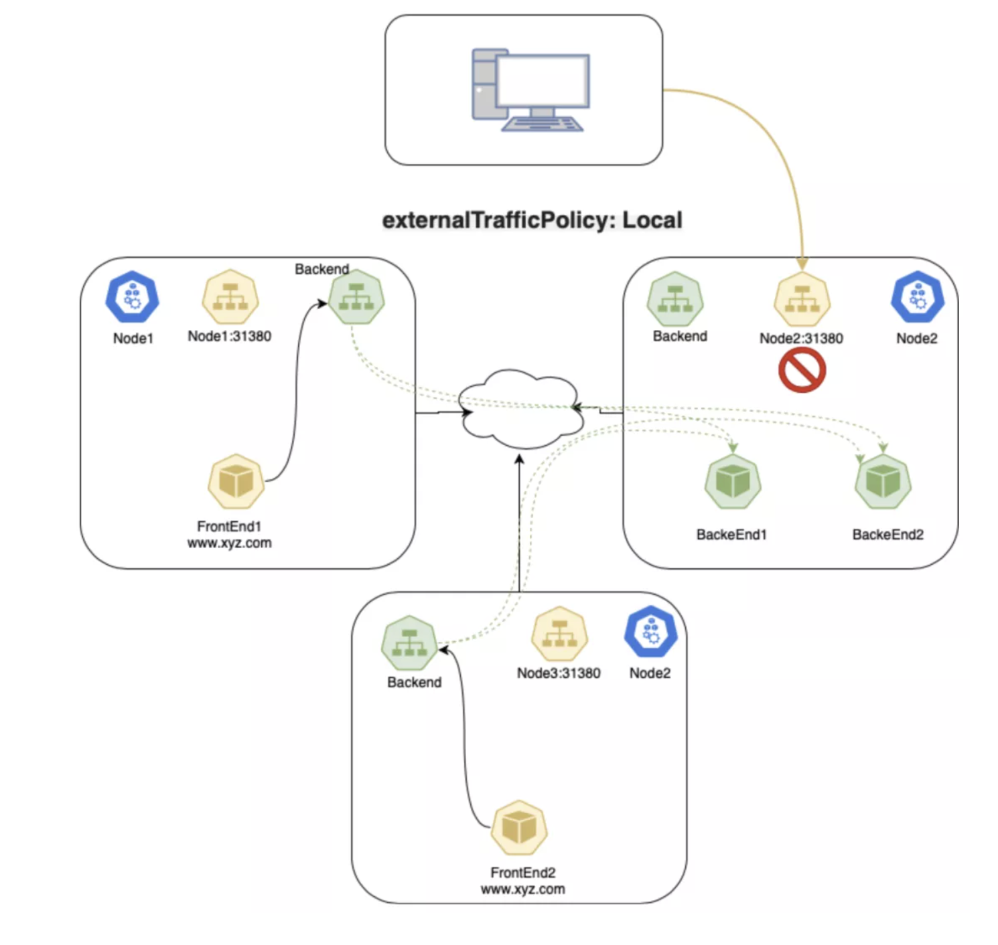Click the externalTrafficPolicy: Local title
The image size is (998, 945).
pyautogui.click(x=532, y=220)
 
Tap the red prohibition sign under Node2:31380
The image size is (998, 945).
pyautogui.click(x=802, y=370)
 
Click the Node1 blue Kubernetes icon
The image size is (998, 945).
pyautogui.click(x=132, y=298)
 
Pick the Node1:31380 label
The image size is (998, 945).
pyautogui.click(x=229, y=336)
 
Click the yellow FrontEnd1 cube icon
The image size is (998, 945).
pyautogui.click(x=236, y=481)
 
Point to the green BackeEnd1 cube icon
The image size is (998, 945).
pyautogui.click(x=732, y=481)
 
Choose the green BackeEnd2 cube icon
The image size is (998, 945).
pyautogui.click(x=883, y=481)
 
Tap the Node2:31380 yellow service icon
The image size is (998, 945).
pyautogui.click(x=802, y=299)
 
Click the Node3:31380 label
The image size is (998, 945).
pyautogui.click(x=559, y=673)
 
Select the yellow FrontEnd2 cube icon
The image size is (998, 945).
pyautogui.click(x=519, y=827)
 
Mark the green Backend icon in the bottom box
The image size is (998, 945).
pyautogui.click(x=409, y=643)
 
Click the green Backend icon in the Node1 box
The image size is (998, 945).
pyautogui.click(x=356, y=297)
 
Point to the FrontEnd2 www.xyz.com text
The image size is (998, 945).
pyautogui.click(x=522, y=881)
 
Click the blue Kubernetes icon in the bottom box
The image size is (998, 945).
pyautogui.click(x=650, y=632)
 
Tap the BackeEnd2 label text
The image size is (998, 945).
pyautogui.click(x=887, y=534)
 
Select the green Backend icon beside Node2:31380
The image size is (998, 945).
pyautogui.click(x=674, y=299)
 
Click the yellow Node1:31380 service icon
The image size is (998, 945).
pyautogui.click(x=230, y=297)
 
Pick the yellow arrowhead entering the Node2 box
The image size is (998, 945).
pyautogui.click(x=802, y=263)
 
